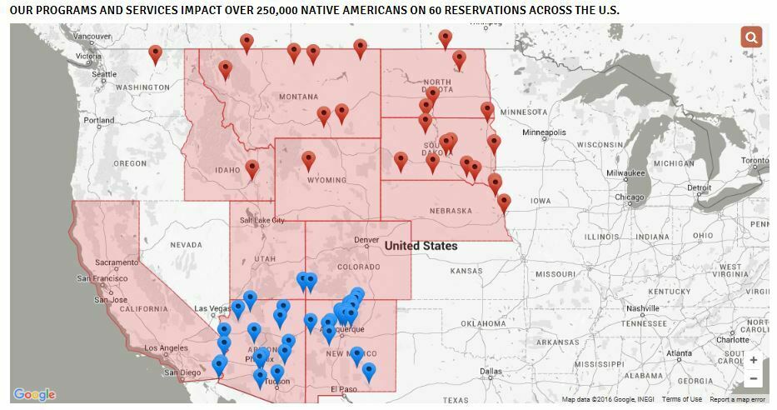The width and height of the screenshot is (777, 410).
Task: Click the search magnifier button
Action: tap(751, 37)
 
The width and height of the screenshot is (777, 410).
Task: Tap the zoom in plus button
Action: tap(753, 361)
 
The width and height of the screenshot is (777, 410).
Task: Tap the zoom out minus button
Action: tap(753, 379)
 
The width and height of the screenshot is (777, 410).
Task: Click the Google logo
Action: tap(34, 394)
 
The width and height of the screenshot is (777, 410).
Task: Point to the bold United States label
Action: tap(421, 246)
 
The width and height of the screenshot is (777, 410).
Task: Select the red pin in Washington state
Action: tap(155, 54)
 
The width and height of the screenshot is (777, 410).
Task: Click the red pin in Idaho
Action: tap(252, 169)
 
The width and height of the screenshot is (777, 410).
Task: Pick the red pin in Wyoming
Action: tap(308, 160)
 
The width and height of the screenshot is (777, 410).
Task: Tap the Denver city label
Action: tap(366, 240)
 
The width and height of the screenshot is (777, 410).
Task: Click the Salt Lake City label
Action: tap(261, 220)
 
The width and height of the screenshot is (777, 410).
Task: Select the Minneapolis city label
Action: tap(544, 132)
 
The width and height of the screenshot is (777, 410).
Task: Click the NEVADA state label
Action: tap(186, 245)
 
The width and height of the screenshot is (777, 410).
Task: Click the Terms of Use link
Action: tap(682, 399)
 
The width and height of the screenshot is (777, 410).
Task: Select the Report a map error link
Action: tap(737, 399)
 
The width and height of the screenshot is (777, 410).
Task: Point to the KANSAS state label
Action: tap(466, 272)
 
